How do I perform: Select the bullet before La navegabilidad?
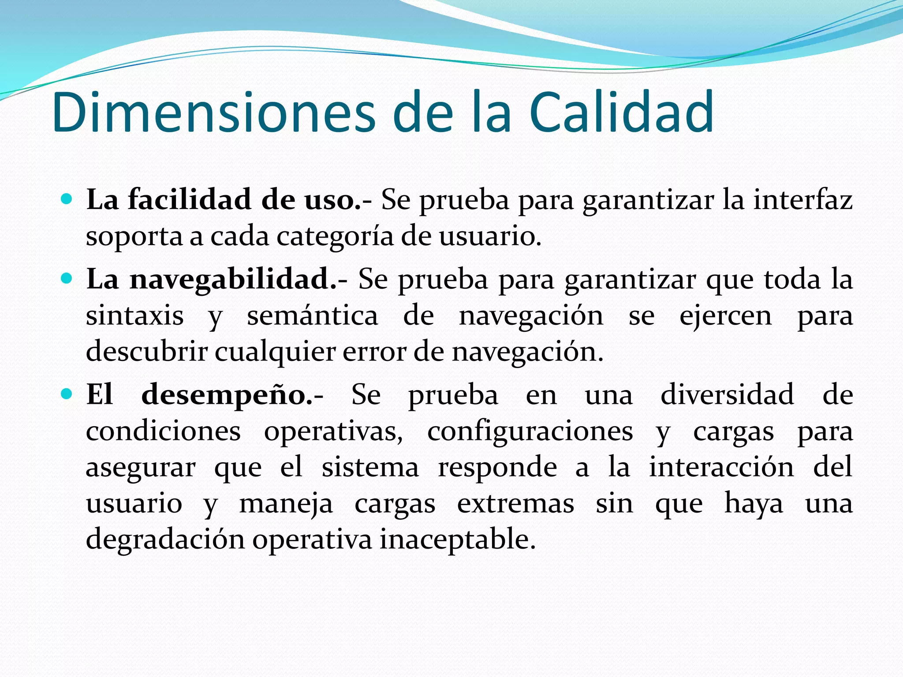[x=67, y=279]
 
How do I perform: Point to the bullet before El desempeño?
[x=67, y=394]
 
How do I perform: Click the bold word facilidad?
[x=190, y=200]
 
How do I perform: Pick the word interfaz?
[x=802, y=200]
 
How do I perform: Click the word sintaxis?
[x=134, y=316]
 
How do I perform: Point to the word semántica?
[x=312, y=316]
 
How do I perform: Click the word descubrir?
[x=146, y=352]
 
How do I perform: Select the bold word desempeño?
[x=226, y=395]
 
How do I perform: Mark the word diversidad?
[x=727, y=394]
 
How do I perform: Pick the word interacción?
[x=721, y=467]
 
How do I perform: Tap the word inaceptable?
[x=457, y=539]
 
